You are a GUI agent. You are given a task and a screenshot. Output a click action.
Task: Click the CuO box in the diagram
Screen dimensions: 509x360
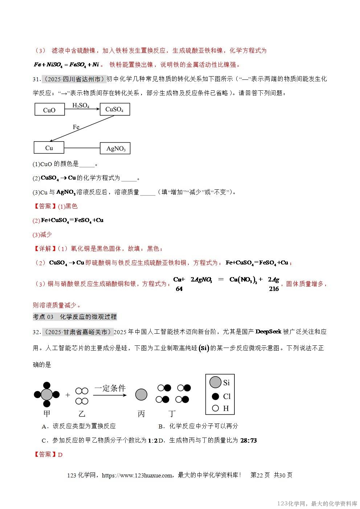49,110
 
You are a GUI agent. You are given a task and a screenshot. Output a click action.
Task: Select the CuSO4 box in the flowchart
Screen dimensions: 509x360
114,109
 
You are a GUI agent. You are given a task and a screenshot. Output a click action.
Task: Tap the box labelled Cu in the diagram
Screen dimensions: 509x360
49,148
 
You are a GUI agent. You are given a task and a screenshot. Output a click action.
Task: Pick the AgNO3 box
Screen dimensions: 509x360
115,148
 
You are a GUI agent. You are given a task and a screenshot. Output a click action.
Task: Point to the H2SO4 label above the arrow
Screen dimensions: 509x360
81,106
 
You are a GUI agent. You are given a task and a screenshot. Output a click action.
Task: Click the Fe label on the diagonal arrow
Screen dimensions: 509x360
76,127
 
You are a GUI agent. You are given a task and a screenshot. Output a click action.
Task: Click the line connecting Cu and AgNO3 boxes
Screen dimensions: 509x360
82,148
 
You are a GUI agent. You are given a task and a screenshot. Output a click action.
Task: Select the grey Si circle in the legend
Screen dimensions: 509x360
216,382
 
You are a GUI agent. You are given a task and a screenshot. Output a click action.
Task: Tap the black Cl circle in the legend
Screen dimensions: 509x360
216,396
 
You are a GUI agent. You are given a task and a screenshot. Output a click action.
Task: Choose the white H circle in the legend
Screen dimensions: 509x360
216,408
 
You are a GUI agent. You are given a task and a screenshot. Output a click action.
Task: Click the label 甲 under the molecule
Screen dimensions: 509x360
47,413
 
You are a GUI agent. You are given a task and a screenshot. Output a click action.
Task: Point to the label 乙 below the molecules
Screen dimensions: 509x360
82,414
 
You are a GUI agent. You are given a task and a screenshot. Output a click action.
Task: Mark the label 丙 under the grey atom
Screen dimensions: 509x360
141,414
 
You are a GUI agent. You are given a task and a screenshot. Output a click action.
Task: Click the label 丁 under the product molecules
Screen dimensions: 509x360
172,414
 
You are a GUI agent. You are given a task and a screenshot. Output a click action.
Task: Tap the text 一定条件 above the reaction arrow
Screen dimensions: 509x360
110,388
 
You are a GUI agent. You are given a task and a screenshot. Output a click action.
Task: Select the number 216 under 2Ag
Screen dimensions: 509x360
274,289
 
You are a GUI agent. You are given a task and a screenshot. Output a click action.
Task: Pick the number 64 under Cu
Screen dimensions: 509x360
179,289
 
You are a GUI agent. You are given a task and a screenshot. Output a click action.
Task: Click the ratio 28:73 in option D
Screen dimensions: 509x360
249,440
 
